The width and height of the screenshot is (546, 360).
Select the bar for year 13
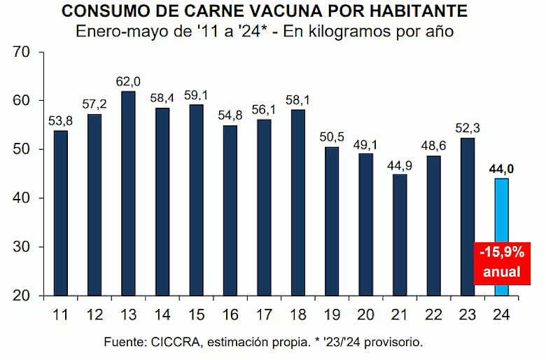[x=129, y=193]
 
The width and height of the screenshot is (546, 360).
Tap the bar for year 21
[x=400, y=235]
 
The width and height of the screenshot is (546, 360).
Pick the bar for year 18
[x=298, y=202]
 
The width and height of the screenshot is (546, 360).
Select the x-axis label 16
[x=230, y=314]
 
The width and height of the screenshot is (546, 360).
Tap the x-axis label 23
[x=468, y=314]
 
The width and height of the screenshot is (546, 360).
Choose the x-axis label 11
[x=61, y=314]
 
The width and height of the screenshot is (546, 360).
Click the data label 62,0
[x=129, y=81]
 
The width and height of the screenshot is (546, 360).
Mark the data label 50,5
[x=332, y=136]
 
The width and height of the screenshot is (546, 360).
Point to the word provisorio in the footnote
[x=395, y=342]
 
